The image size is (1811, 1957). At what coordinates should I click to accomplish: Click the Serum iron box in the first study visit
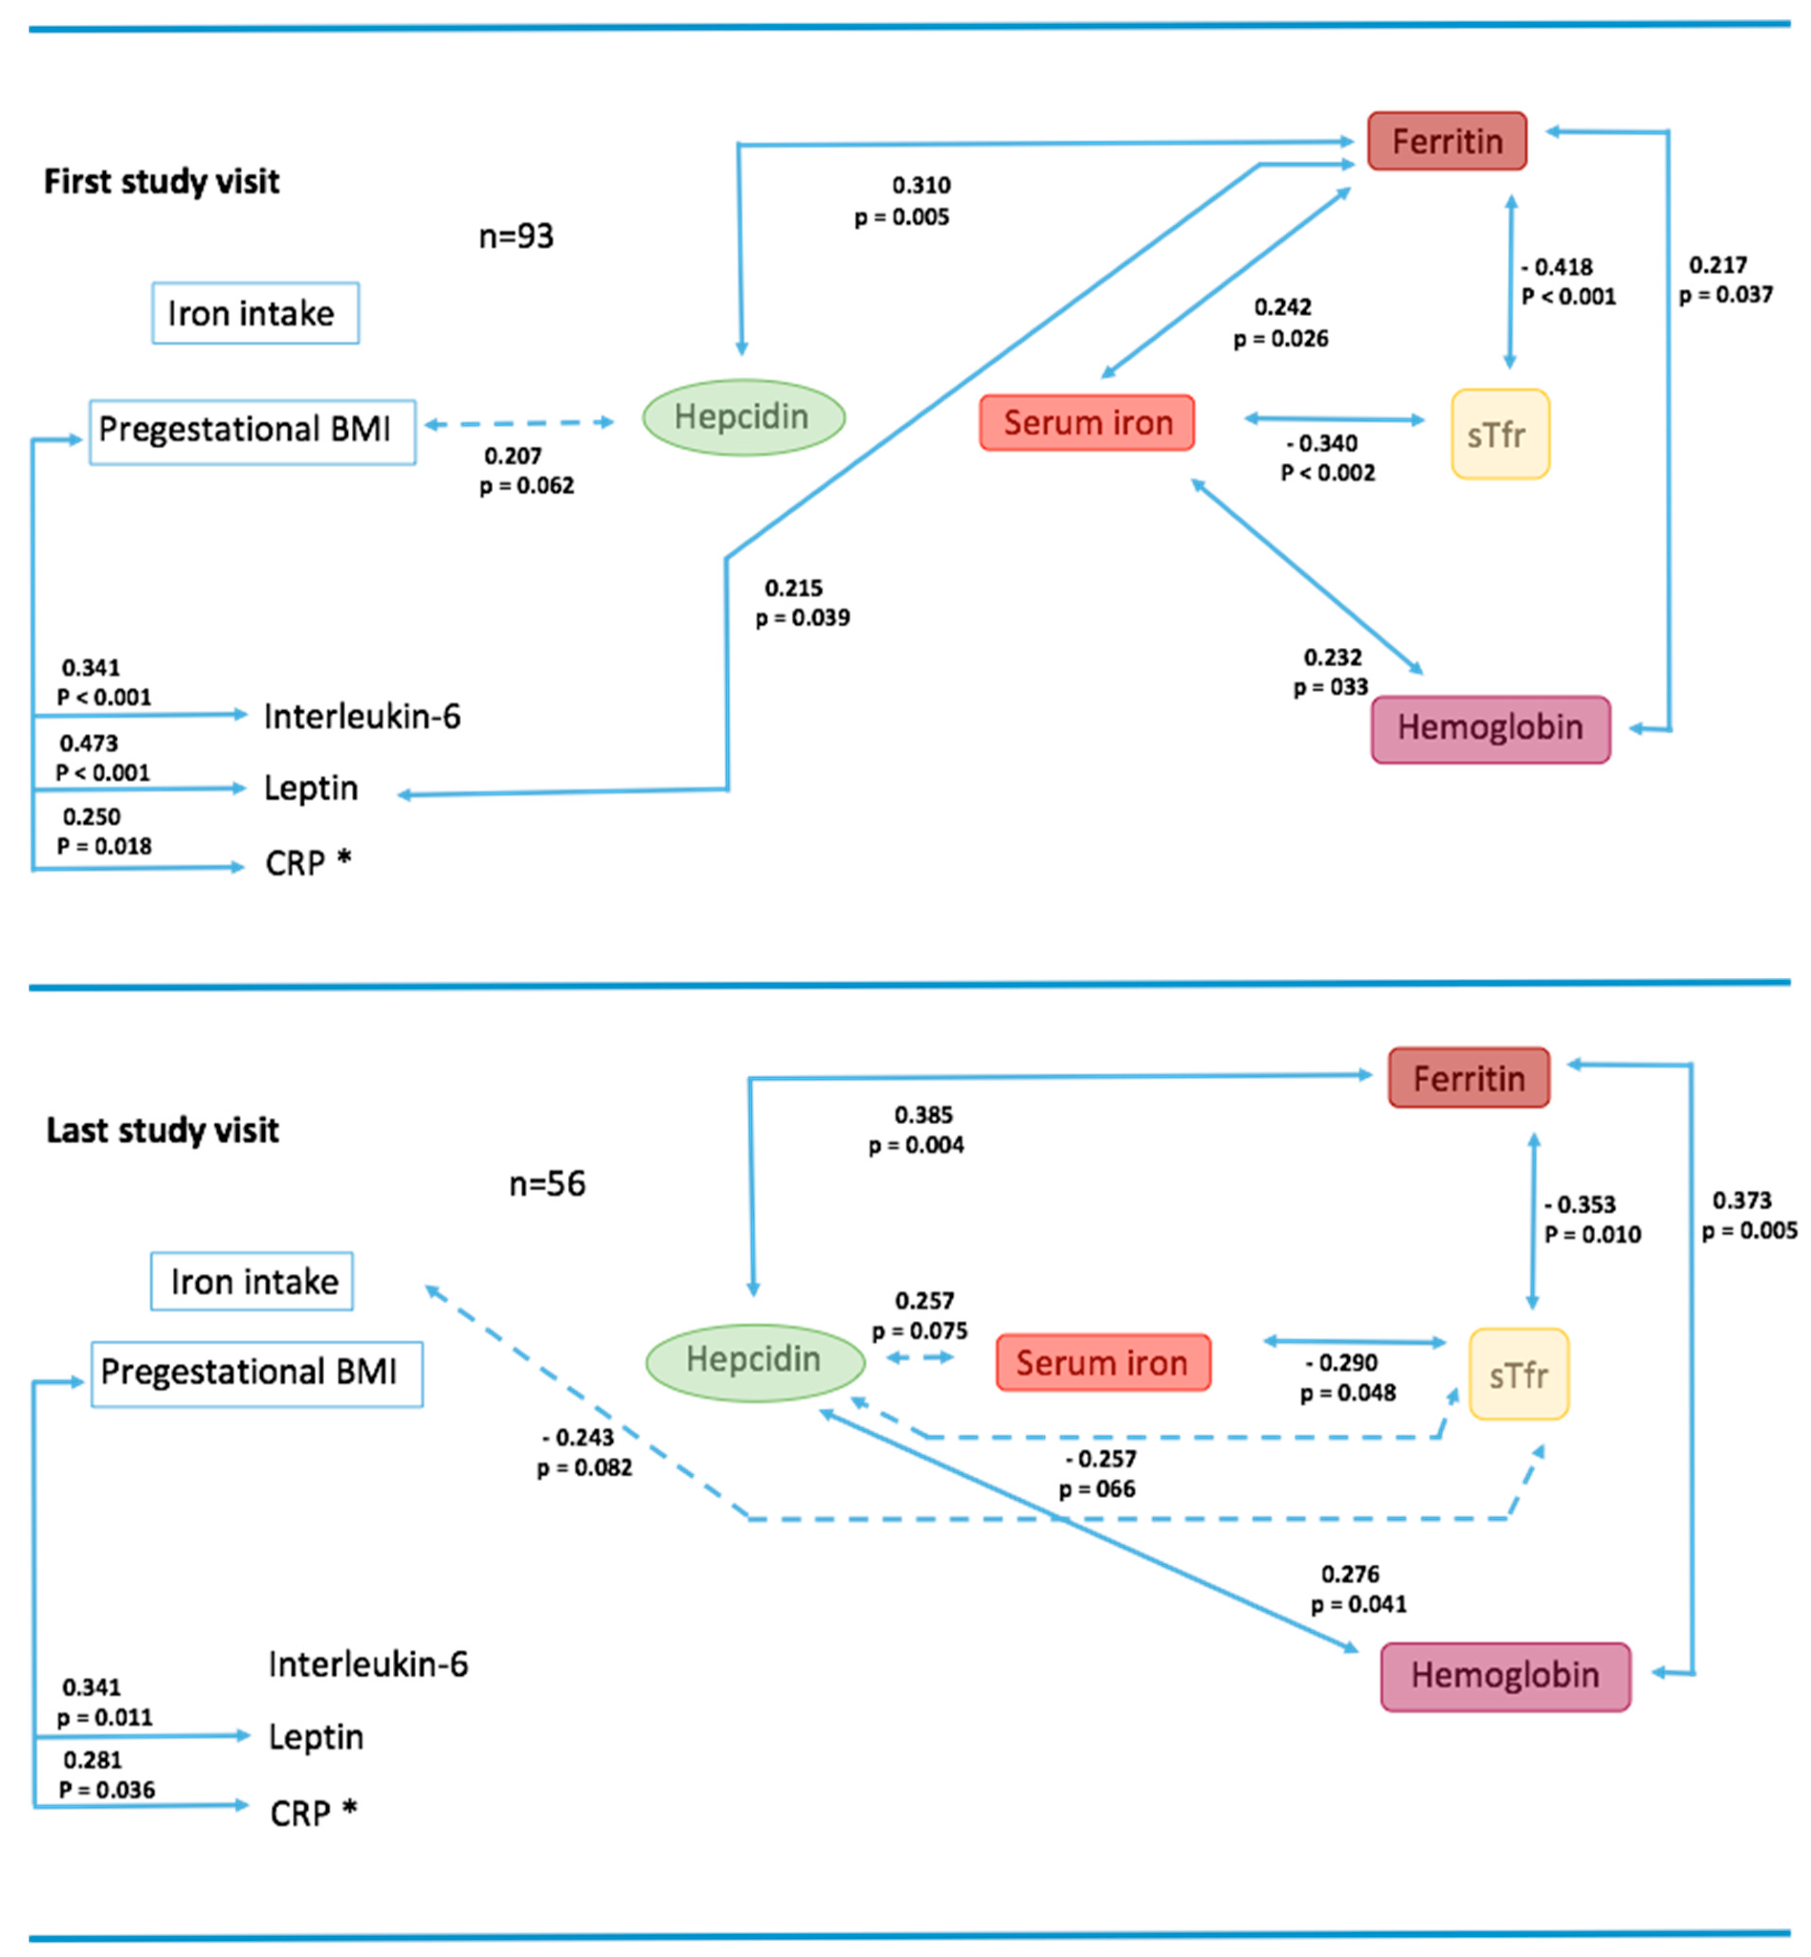point(1087,422)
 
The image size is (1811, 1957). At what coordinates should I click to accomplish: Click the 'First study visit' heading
point(162,181)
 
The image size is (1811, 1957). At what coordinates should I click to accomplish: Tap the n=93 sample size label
point(517,236)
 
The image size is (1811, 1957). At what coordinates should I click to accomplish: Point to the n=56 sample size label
point(547,1184)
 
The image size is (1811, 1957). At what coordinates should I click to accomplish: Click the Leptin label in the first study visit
point(310,788)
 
